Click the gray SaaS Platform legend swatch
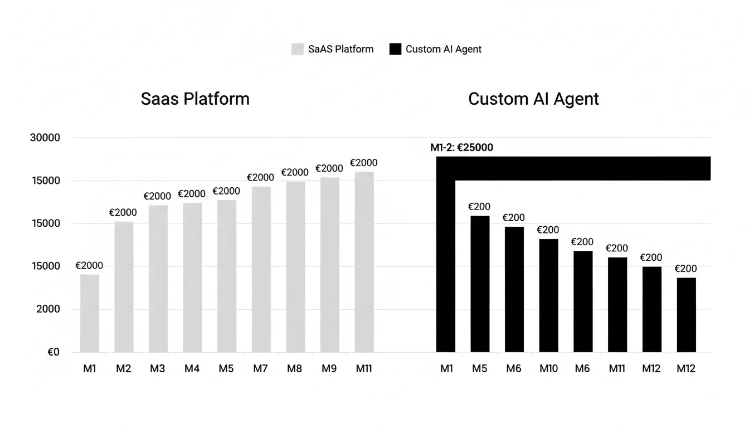[x=298, y=49]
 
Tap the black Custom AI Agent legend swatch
[x=395, y=49]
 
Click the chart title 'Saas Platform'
[x=195, y=99]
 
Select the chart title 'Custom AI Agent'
[x=533, y=99]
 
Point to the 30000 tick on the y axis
[x=45, y=138]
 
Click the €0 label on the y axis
[x=53, y=352]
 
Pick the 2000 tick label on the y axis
[x=48, y=309]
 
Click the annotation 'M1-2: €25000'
[x=461, y=148]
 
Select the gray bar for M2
[x=124, y=286]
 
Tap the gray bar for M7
[x=261, y=269]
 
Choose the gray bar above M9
[x=330, y=265]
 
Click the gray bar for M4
[x=192, y=277]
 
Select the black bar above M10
[x=548, y=295]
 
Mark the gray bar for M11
[x=364, y=262]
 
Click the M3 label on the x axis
[x=158, y=368]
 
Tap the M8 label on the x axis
[x=295, y=368]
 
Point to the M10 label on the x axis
[x=548, y=368]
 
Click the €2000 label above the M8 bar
[x=295, y=172]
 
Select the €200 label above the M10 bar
[x=548, y=230]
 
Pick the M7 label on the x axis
[x=261, y=368]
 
